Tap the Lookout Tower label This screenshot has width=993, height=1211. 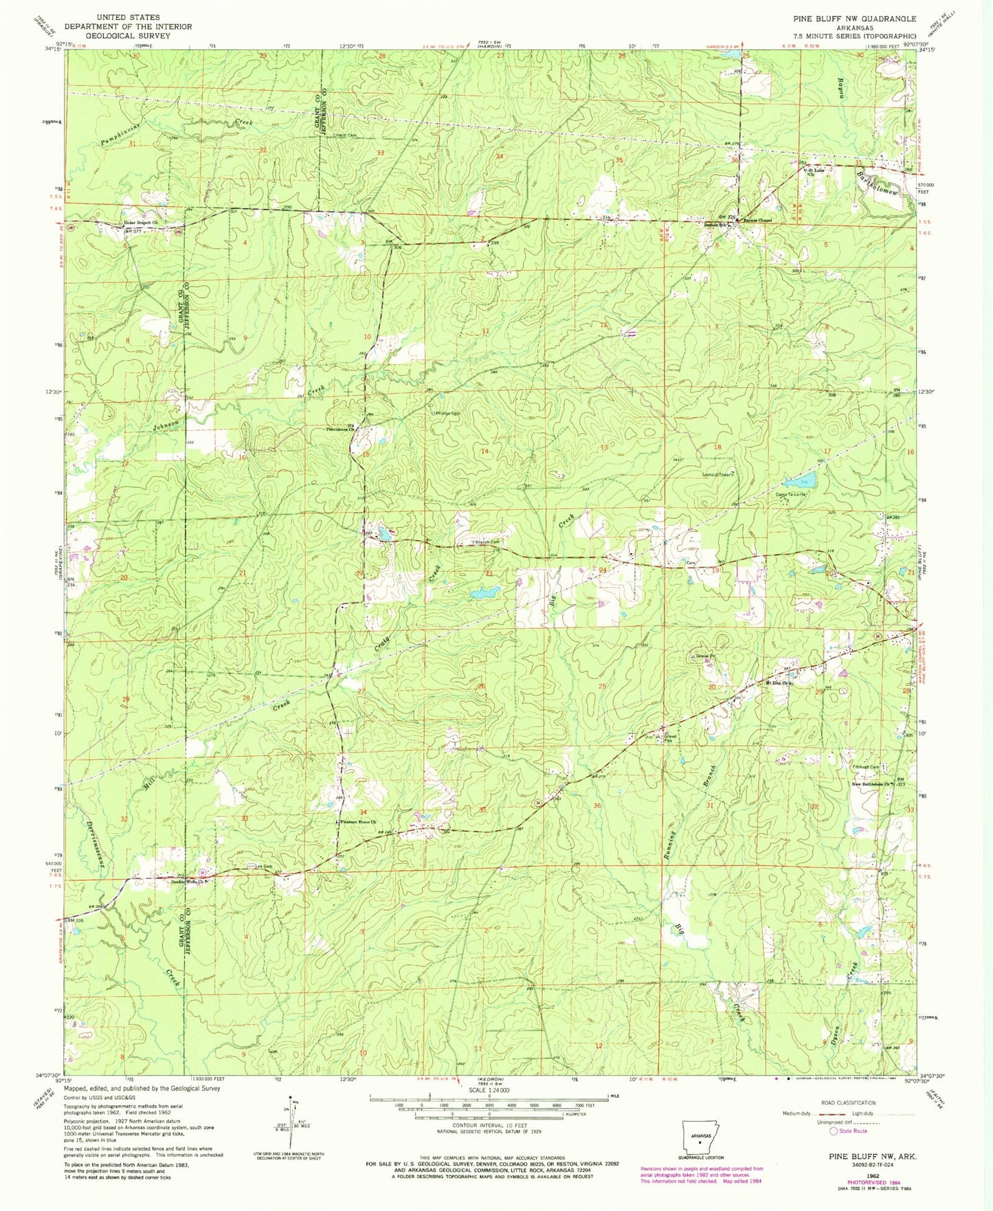718,474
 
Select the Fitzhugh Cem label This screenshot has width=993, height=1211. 866,767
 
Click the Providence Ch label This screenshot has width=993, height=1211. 342,430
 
